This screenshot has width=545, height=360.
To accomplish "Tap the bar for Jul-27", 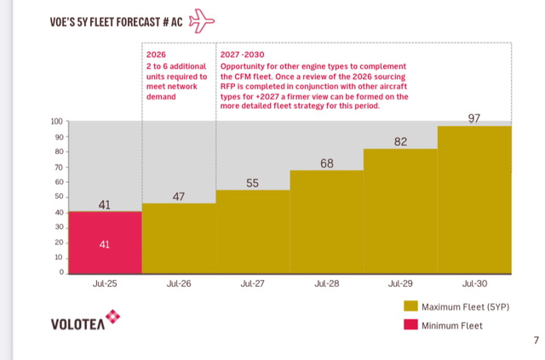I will coord(253,231).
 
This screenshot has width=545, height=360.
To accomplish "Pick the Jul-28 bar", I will coord(327,222).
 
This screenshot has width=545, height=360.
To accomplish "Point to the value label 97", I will coord(474,117).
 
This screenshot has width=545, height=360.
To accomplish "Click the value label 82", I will coord(401,141).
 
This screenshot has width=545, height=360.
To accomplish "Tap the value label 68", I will coord(327,162).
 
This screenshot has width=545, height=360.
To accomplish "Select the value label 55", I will coord(253,182).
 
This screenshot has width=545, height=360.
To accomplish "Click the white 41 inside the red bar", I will coord(105,244).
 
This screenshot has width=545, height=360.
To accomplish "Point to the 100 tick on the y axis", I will coord(57,122).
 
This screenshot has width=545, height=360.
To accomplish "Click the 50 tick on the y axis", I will coord(59,197).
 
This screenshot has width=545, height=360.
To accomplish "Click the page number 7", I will coord(536,341).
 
